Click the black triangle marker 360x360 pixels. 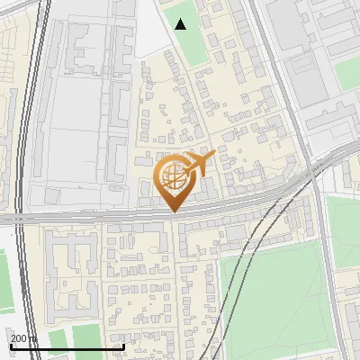click(181, 24)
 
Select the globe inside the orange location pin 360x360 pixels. click(170, 175)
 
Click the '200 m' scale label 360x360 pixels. click(24, 338)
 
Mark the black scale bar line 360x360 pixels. click(67, 346)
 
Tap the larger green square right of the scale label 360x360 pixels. click(86, 337)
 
